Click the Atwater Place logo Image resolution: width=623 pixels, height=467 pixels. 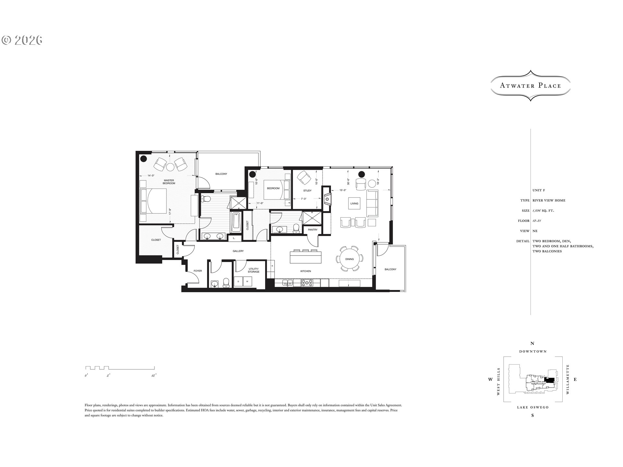[530, 86]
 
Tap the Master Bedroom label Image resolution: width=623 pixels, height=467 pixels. [169, 182]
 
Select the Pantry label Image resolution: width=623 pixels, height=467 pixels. [313, 230]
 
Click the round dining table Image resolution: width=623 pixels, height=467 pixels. [349, 259]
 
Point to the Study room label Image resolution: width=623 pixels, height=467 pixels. [307, 191]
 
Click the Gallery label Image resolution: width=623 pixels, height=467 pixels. [238, 251]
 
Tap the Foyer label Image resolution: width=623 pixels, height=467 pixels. [198, 271]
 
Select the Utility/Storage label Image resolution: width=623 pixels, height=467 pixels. [254, 270]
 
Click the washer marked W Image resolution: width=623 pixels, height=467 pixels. [247, 281]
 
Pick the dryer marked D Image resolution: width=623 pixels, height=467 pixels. [238, 281]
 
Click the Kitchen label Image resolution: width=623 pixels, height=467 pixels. [305, 271]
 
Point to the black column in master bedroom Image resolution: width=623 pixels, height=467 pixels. [143, 159]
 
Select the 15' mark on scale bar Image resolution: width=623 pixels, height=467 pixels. [153, 376]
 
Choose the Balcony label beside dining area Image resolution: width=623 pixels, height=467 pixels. [390, 269]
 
